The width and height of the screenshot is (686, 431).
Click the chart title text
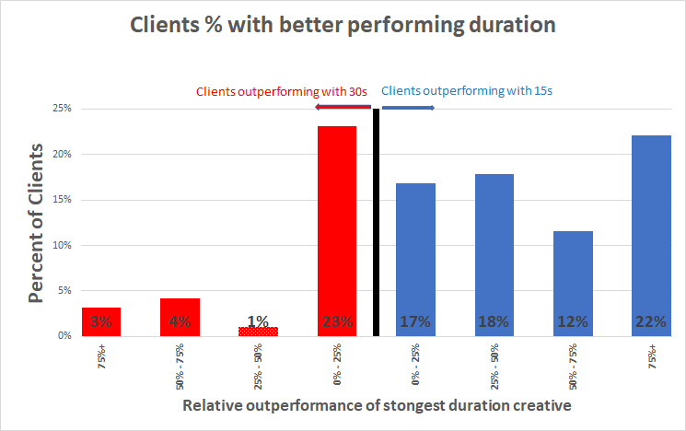pos(343,25)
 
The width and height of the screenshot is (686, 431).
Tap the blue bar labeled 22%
pos(652,235)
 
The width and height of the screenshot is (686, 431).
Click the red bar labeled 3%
pos(101,321)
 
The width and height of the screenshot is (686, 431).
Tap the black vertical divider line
pos(376,221)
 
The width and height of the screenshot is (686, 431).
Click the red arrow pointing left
pos(343,108)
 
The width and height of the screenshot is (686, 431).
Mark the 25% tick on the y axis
pos(62,109)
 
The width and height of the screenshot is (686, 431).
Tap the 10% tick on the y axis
pos(62,245)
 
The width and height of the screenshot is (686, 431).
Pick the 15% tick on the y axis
pos(62,200)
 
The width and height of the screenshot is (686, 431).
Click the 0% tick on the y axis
pos(64,336)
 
